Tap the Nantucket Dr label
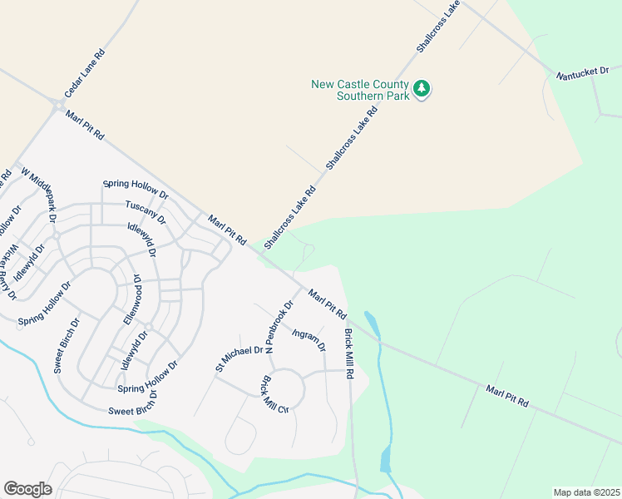pos(582,75)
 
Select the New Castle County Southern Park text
pos(361,90)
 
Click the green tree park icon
pos(422,89)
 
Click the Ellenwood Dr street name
pos(132,299)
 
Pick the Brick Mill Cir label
pos(274,394)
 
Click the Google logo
pos(27,489)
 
